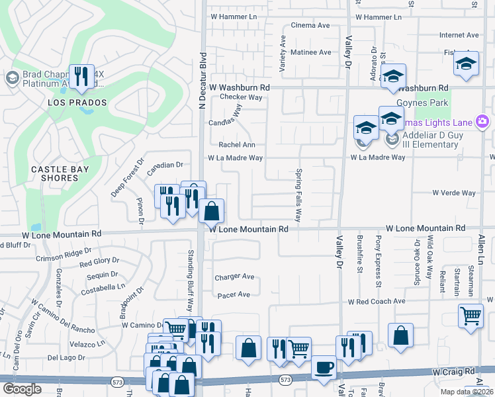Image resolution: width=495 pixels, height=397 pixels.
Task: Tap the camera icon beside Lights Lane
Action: pyautogui.click(x=482, y=122)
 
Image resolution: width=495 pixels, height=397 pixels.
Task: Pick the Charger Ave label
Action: pyautogui.click(x=234, y=277)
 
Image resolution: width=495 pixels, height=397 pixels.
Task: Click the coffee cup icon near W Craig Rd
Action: pyautogui.click(x=323, y=368)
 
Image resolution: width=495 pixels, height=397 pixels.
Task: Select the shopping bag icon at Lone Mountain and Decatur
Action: pyautogui.click(x=211, y=212)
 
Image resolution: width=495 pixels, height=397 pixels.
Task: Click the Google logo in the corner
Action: pyautogui.click(x=22, y=388)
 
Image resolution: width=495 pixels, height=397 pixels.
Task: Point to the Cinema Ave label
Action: pyautogui.click(x=310, y=26)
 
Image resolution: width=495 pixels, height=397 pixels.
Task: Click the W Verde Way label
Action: pyautogui.click(x=454, y=193)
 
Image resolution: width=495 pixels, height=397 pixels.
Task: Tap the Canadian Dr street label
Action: pyautogui.click(x=164, y=165)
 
